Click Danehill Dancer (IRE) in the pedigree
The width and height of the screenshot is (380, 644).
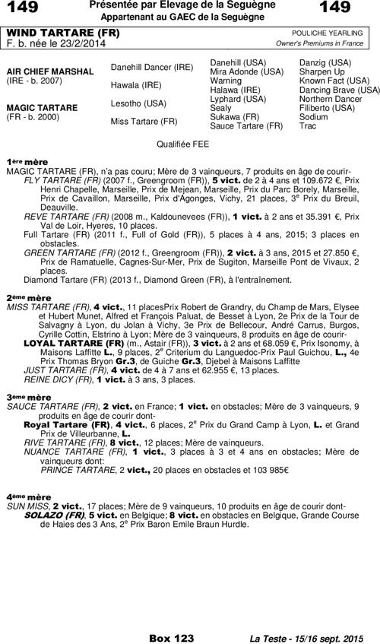pyautogui.click(x=152, y=67)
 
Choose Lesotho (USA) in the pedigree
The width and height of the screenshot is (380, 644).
pyautogui.click(x=138, y=103)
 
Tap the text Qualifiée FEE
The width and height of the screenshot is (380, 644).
pyautogui.click(x=182, y=144)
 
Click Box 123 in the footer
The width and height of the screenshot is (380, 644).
pyautogui.click(x=172, y=637)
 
